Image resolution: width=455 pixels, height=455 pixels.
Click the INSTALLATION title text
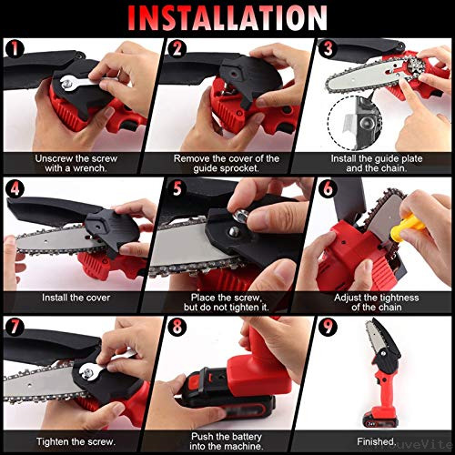click(227, 16)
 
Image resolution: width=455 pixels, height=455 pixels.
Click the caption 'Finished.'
click(379, 439)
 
